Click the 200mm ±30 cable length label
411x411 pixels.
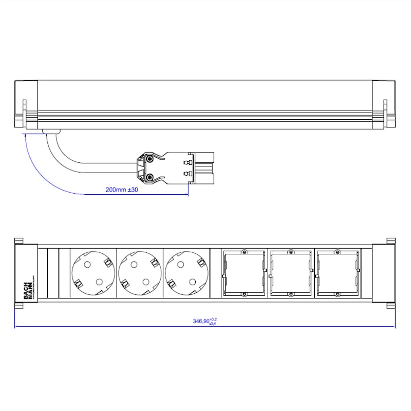pos(122,190)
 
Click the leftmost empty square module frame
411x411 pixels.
pos(244,273)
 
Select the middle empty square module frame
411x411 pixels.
pos(290,273)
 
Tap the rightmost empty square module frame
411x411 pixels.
pos(337,273)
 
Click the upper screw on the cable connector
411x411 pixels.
pos(149,160)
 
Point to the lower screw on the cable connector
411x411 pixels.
pos(149,178)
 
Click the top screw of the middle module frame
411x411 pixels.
pos(290,252)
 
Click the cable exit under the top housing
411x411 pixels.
pos(51,132)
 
